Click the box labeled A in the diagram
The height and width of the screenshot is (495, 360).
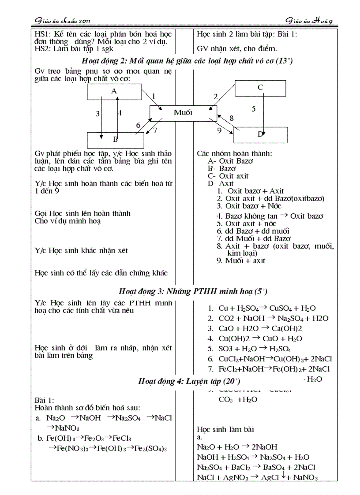pyautogui.click(x=114, y=91)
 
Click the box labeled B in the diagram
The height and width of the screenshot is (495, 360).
pyautogui.click(x=115, y=140)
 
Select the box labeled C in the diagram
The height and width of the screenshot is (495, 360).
pyautogui.click(x=260, y=88)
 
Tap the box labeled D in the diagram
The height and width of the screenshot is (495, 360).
pyautogui.click(x=260, y=134)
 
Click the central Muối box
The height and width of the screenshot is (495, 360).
pyautogui.click(x=183, y=113)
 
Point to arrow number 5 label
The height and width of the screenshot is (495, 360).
pyautogui.click(x=254, y=108)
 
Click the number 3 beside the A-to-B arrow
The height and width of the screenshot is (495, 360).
pyautogui.click(x=97, y=113)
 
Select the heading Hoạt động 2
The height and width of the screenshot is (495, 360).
pyautogui.click(x=187, y=61)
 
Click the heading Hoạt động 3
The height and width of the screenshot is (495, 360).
pyautogui.click(x=193, y=291)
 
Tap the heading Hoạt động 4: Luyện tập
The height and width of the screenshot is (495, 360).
pyautogui.click(x=189, y=381)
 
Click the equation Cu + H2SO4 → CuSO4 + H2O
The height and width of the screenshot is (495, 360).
pyautogui.click(x=267, y=309)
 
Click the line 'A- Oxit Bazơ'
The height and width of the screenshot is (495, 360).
pyautogui.click(x=230, y=161)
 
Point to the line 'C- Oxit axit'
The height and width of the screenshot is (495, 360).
pyautogui.click(x=228, y=176)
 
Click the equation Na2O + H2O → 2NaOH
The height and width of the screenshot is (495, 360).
pyautogui.click(x=237, y=447)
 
